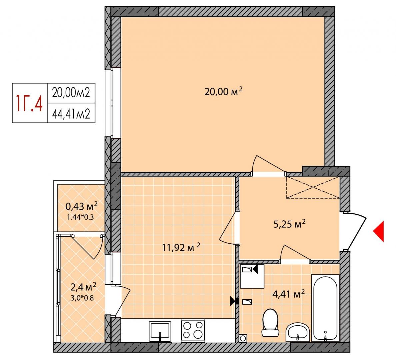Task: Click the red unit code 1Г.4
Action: click(x=30, y=103)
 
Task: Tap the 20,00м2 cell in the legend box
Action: click(x=71, y=93)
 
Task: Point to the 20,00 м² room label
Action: click(x=223, y=91)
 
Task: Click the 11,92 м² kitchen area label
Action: click(x=181, y=247)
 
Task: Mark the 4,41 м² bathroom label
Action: click(x=289, y=294)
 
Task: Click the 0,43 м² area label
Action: click(x=81, y=206)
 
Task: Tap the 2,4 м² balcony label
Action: click(x=83, y=287)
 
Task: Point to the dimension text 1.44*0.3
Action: click(x=80, y=217)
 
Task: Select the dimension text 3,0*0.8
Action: click(x=82, y=298)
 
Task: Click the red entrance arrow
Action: click(x=379, y=231)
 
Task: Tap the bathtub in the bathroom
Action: click(x=325, y=308)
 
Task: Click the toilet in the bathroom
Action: click(x=270, y=323)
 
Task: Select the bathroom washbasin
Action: click(x=298, y=332)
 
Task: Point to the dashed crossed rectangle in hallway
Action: click(x=313, y=187)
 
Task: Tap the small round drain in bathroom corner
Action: click(x=243, y=338)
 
